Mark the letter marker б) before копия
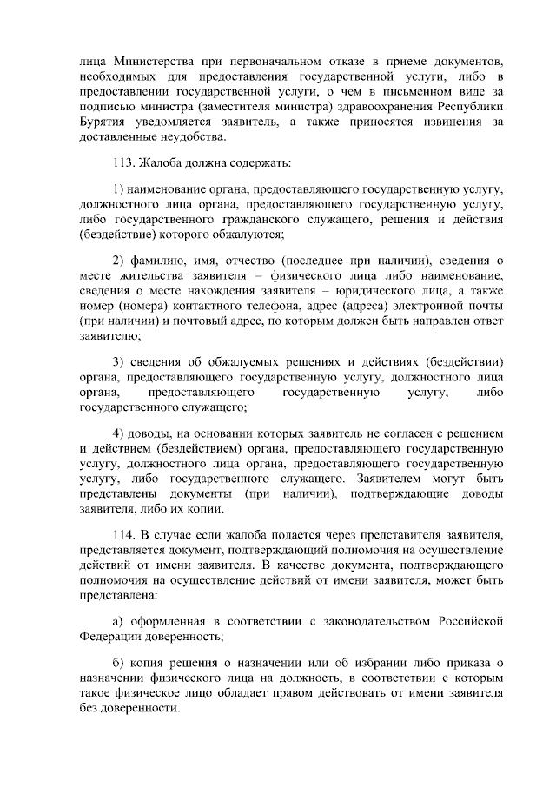pos(120,665)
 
